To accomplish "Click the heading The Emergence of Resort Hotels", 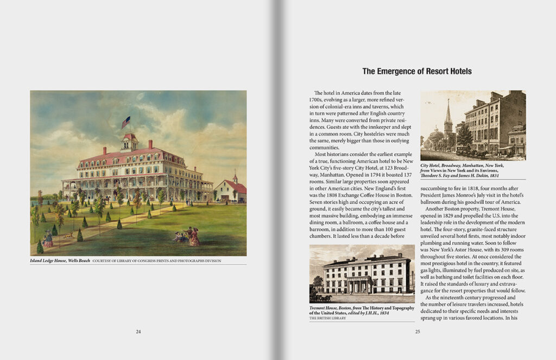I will pyautogui.click(x=416, y=71).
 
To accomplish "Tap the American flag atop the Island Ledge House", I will pyautogui.click(x=126, y=122).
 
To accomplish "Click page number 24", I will pyautogui.click(x=138, y=332).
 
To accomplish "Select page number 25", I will pyautogui.click(x=418, y=332).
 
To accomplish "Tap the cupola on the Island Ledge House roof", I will pyautogui.click(x=129, y=142).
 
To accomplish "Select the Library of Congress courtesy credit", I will pyautogui.click(x=157, y=261).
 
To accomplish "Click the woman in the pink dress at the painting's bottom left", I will pyautogui.click(x=48, y=239).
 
